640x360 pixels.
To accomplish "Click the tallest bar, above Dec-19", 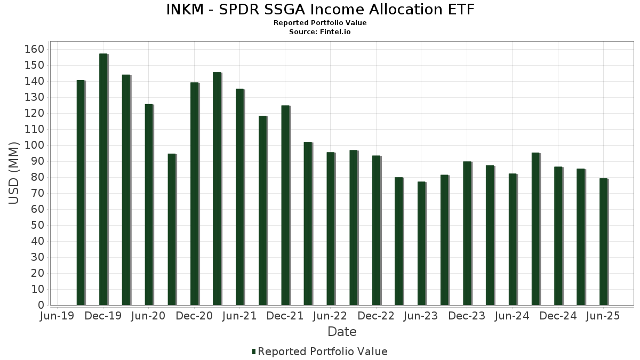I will pyautogui.click(x=103, y=179).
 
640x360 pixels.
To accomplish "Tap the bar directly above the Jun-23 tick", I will pyautogui.click(x=421, y=243).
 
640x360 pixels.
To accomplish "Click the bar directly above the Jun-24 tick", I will pyautogui.click(x=513, y=239).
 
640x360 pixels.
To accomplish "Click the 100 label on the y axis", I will pyautogui.click(x=34, y=145).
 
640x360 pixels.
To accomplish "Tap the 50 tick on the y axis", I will pyautogui.click(x=37, y=225).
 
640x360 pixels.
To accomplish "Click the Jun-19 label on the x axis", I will pyautogui.click(x=58, y=316).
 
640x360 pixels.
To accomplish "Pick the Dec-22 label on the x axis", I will pyautogui.click(x=376, y=316).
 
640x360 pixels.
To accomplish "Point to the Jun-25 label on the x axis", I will pyautogui.click(x=603, y=316).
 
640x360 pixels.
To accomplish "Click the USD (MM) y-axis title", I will pyautogui.click(x=14, y=173).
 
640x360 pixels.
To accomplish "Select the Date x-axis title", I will pyautogui.click(x=342, y=332).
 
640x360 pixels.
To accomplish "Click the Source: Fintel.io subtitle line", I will pyautogui.click(x=320, y=32).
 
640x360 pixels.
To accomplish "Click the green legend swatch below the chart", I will pyautogui.click(x=254, y=351).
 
